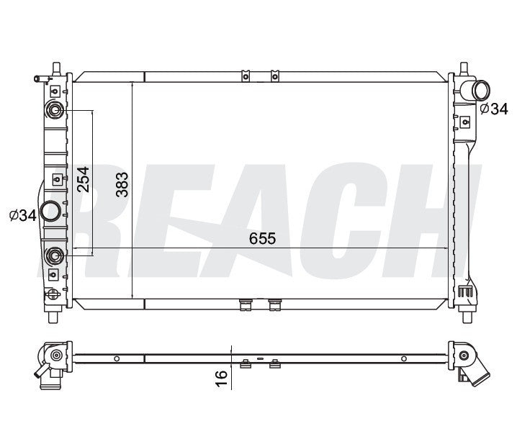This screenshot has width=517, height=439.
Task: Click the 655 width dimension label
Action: [x=262, y=238]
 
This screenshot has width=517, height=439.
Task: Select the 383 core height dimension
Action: [x=122, y=185]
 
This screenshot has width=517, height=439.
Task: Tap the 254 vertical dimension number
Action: [x=83, y=179]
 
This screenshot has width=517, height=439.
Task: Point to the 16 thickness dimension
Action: [x=222, y=378]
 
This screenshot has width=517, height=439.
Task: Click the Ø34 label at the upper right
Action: [x=494, y=109]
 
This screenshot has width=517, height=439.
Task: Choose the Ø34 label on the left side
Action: [x=23, y=216]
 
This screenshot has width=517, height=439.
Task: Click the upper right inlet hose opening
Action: [x=481, y=91]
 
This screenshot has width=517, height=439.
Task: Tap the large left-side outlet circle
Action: [x=50, y=212]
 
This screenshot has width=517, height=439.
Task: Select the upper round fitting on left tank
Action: [x=55, y=109]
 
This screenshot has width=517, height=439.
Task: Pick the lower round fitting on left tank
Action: [x=55, y=255]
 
